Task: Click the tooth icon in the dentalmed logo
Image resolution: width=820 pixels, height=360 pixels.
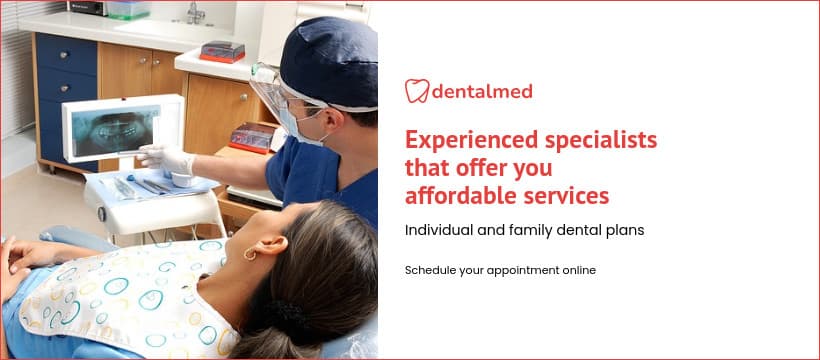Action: pyautogui.click(x=417, y=91)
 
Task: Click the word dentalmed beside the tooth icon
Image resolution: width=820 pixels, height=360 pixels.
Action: pyautogui.click(x=482, y=92)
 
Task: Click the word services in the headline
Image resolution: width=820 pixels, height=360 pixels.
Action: pyautogui.click(x=567, y=193)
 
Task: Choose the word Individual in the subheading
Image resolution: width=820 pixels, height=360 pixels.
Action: pyautogui.click(x=439, y=230)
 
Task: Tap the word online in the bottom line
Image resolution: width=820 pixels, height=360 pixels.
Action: pyautogui.click(x=576, y=270)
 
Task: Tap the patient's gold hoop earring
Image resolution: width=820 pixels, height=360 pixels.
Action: pyautogui.click(x=247, y=254)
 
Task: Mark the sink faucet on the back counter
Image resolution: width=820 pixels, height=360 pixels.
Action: pyautogui.click(x=196, y=13)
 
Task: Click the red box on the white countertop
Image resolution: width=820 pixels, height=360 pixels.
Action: pyautogui.click(x=221, y=50)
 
